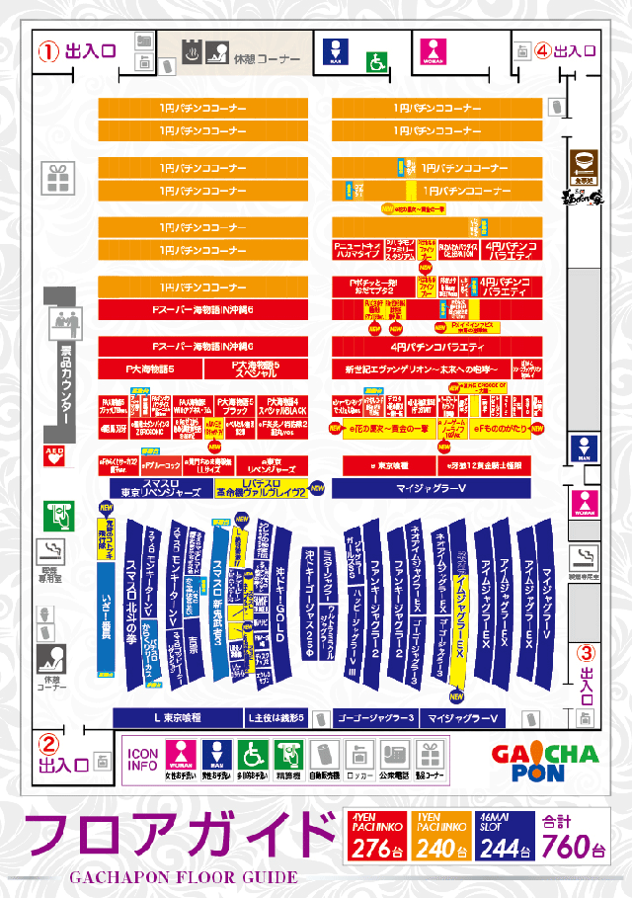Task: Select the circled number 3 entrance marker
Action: tap(586, 652)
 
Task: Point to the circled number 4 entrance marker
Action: tap(542, 50)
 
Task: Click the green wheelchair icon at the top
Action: tap(376, 61)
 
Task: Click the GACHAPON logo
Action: tap(544, 763)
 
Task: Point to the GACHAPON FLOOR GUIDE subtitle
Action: tap(183, 877)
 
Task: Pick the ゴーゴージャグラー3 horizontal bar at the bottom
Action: tap(374, 717)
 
